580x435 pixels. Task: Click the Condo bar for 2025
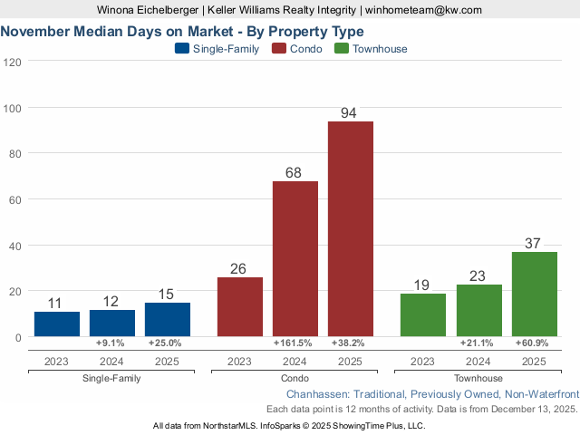350,228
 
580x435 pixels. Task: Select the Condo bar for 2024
295,258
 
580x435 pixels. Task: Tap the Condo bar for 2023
240,306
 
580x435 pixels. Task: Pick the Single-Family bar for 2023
57,324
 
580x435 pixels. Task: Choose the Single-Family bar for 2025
168,319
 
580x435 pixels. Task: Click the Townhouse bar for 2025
534,294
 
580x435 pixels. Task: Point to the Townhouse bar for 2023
423,314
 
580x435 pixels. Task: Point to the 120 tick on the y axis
14,62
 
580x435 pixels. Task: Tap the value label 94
350,113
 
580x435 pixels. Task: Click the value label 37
534,244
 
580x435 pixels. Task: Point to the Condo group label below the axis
295,378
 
